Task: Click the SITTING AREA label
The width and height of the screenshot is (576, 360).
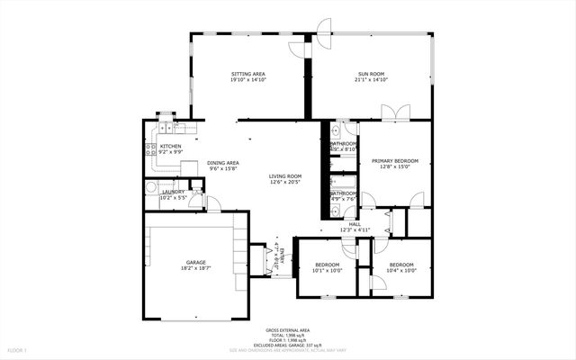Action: (x=248, y=74)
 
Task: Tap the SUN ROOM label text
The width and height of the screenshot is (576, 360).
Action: (x=371, y=74)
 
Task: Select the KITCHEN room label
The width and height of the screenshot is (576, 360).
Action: (x=170, y=147)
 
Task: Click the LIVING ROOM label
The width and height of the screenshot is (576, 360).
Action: (x=285, y=176)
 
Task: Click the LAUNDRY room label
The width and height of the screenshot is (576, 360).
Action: (x=173, y=192)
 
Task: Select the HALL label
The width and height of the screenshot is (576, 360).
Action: (x=355, y=224)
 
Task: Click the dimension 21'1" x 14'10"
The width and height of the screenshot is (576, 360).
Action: (x=371, y=80)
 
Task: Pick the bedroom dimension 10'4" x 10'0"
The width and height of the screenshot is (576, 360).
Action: (x=401, y=270)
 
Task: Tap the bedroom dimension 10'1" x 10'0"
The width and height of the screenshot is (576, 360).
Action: (x=327, y=270)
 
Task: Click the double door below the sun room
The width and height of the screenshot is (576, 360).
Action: (x=395, y=112)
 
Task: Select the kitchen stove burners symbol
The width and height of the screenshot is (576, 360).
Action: (x=151, y=149)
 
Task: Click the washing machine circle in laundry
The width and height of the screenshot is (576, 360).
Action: (x=151, y=188)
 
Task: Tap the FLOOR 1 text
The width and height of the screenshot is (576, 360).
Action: (x=18, y=349)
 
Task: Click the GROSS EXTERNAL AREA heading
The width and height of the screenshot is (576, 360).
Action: (x=286, y=330)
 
